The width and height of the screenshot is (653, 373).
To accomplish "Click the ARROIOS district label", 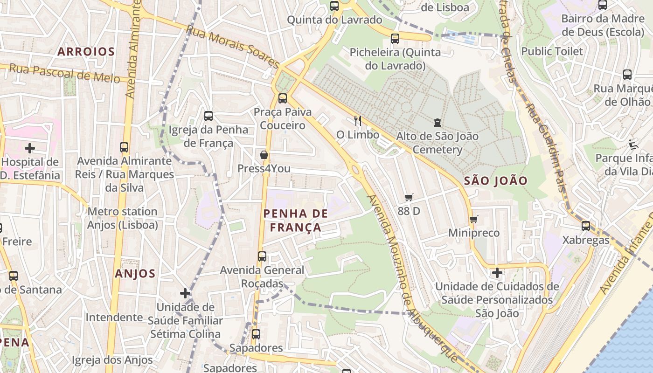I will [x=86, y=52].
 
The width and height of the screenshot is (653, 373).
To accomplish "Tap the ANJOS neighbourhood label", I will [x=135, y=274].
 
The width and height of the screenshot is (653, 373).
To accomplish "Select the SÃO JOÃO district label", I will [x=495, y=181].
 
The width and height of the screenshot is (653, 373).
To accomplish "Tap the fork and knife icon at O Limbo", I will [x=358, y=121].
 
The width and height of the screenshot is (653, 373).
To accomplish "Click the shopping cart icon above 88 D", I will [x=409, y=198].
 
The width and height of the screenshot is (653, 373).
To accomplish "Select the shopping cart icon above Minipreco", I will [x=473, y=219].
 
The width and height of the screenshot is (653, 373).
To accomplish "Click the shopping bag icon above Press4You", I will [x=264, y=155].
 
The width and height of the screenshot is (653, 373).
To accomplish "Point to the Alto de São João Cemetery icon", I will [x=437, y=123].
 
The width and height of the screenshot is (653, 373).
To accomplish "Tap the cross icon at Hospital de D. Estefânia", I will [x=30, y=149].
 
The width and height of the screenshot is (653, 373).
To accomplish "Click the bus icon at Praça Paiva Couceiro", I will [x=283, y=98].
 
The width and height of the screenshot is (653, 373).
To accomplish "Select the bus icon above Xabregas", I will [x=586, y=226].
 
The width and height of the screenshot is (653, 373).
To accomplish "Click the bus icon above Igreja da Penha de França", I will [x=208, y=116].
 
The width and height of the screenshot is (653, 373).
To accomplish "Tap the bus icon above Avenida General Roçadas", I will [x=262, y=256].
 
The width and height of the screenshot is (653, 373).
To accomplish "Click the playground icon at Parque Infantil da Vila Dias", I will [x=633, y=144].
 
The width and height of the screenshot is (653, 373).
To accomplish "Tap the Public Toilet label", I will [x=552, y=51].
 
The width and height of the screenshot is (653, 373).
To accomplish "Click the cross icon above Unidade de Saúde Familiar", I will [x=185, y=293].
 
